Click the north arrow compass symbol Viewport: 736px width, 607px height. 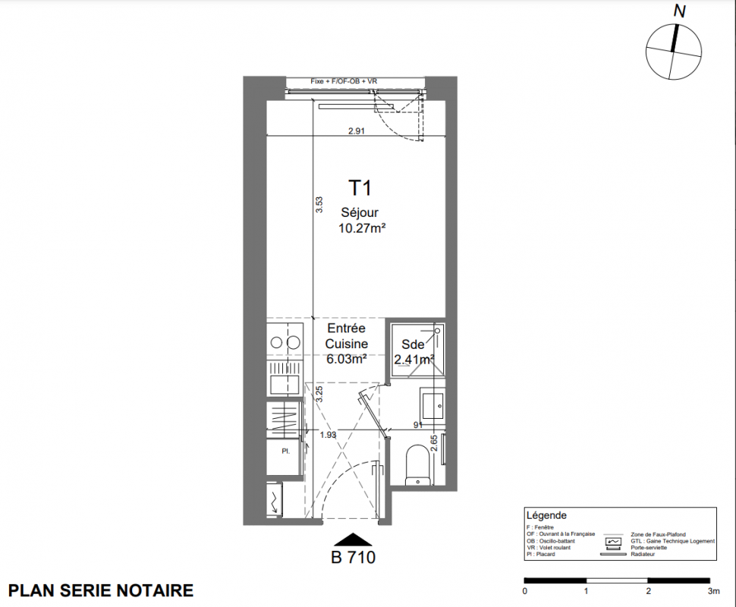pyautogui.click(x=674, y=51)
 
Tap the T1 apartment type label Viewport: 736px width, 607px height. pyautogui.click(x=360, y=187)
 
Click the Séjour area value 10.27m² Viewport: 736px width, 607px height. pyautogui.click(x=362, y=228)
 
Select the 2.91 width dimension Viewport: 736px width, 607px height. pyautogui.click(x=357, y=131)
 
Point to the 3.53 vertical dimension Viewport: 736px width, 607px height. pyautogui.click(x=319, y=205)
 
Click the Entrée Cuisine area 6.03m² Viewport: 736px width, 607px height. pyautogui.click(x=347, y=359)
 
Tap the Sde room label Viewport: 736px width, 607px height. pyautogui.click(x=413, y=344)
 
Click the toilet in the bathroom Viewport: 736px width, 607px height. pyautogui.click(x=417, y=464)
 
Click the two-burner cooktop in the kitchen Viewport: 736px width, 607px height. pyautogui.click(x=285, y=343)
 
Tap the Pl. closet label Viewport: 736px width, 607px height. pyautogui.click(x=285, y=451)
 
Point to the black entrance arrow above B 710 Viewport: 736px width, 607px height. pyautogui.click(x=353, y=539)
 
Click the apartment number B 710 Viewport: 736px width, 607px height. pyautogui.click(x=354, y=557)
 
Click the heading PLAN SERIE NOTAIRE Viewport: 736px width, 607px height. pyautogui.click(x=101, y=590)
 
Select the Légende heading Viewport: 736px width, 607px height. pyautogui.click(x=546, y=515)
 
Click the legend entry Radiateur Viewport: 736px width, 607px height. pyautogui.click(x=643, y=555)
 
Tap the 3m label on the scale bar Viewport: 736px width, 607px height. pyautogui.click(x=713, y=591)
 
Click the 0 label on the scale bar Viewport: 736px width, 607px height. pyautogui.click(x=525, y=591)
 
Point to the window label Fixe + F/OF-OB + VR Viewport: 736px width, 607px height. pyautogui.click(x=344, y=81)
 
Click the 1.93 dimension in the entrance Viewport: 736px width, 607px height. pyautogui.click(x=328, y=436)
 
